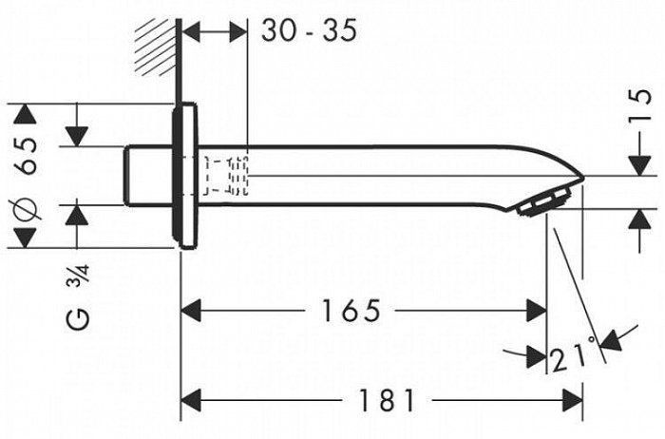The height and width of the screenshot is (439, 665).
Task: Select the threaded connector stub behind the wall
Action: coord(149,176)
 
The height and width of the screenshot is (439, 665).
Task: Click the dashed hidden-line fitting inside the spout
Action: coord(226,174)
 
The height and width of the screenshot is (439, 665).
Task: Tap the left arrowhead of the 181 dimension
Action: coord(190,400)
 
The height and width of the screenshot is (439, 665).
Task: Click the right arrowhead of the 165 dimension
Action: coord(538,310)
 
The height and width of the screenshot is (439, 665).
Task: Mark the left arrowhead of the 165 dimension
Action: coord(190,310)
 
